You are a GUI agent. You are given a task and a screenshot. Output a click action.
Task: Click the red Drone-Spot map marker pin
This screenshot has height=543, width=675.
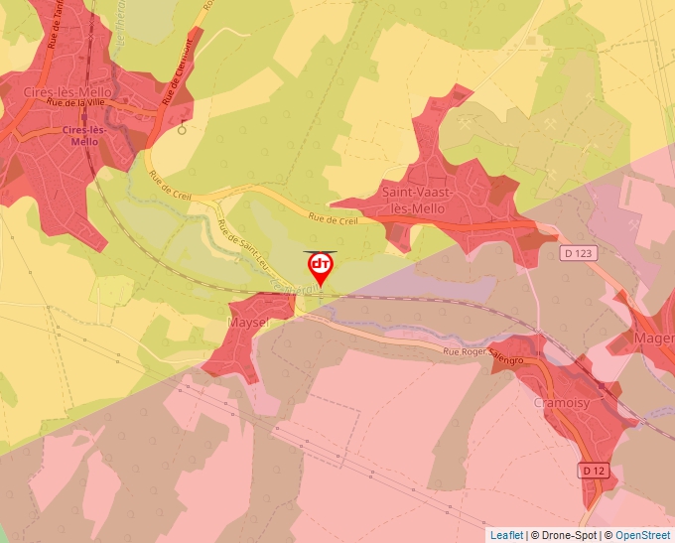pos(320,267)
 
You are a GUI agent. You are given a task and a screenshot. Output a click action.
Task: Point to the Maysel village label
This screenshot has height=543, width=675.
pos(249,325)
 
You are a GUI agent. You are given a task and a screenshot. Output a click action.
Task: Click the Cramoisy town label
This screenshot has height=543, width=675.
pos(562,403)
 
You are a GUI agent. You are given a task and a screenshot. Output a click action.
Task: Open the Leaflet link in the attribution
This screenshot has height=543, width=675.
pos(506,535)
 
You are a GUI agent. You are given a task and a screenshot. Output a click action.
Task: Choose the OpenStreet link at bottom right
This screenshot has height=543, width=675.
pos(644,535)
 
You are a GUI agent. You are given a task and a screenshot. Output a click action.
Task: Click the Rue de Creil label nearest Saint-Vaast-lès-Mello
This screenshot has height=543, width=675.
pos(333,219)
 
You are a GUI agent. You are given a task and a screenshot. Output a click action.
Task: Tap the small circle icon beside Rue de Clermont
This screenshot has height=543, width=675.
pos(182,128)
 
